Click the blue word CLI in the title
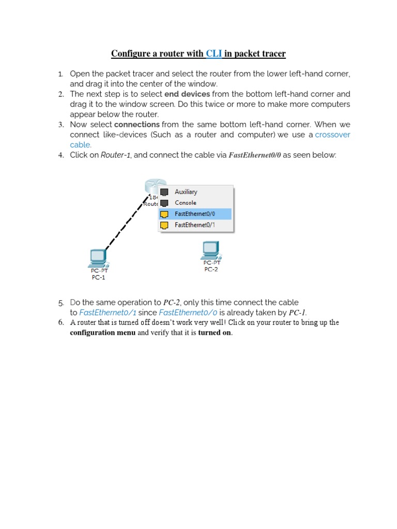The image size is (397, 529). click(213, 54)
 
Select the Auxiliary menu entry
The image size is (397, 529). click(186, 192)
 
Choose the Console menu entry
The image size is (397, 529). click(185, 203)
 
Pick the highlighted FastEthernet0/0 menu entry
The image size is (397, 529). click(194, 214)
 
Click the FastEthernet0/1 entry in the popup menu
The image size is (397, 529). click(194, 225)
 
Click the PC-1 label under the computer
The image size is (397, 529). click(98, 277)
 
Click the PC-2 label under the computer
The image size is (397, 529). click(211, 269)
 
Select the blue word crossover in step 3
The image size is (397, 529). click(332, 135)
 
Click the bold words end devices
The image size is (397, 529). click(187, 94)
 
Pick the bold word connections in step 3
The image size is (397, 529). click(136, 125)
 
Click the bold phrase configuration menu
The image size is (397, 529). click(102, 333)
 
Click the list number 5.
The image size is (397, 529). click(60, 303)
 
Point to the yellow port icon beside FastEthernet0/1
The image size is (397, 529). click(164, 225)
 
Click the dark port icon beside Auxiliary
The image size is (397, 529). click(164, 192)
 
